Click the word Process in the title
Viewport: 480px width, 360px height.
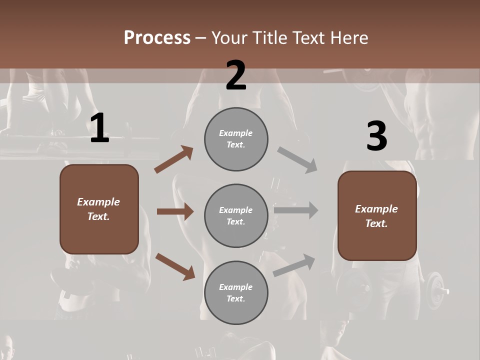[157, 37]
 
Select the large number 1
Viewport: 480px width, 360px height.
[99, 128]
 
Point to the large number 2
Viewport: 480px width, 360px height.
[236, 75]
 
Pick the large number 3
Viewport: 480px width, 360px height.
[376, 136]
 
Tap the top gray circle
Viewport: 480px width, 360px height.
[236, 138]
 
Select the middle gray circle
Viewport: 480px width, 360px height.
[236, 215]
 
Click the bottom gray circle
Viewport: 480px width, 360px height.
[236, 292]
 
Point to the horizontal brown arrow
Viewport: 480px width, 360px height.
[175, 211]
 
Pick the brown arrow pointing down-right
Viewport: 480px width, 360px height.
[175, 266]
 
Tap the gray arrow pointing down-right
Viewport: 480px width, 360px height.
[297, 160]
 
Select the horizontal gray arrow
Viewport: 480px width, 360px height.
[296, 210]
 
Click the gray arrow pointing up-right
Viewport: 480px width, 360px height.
[294, 265]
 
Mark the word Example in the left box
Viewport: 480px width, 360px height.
[98, 202]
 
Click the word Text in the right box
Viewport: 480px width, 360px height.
[376, 223]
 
